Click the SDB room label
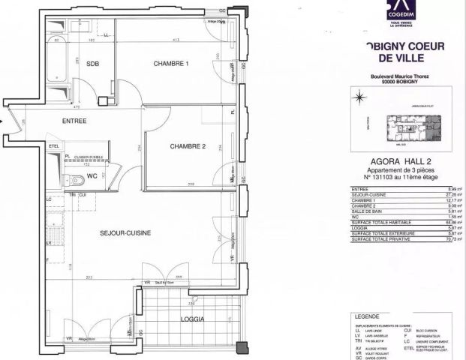[x=93, y=64]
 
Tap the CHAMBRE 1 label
[x=171, y=64]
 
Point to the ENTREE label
[x=74, y=121]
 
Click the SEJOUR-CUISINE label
[x=125, y=233]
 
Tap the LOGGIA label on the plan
[x=193, y=318]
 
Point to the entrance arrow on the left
[x=4, y=119]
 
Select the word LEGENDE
[x=368, y=317]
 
